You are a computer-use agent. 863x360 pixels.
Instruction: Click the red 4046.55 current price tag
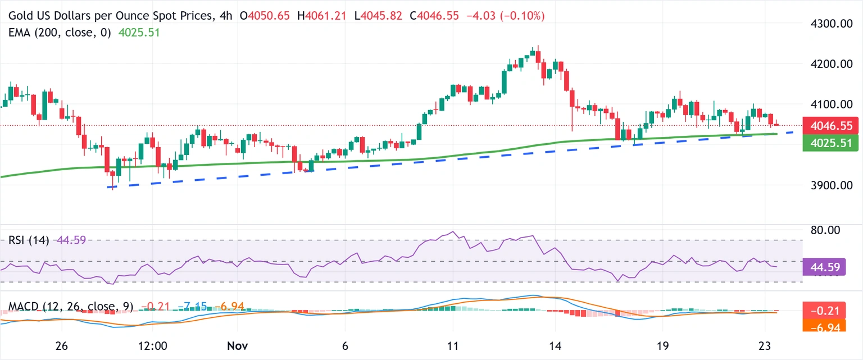(x=831, y=125)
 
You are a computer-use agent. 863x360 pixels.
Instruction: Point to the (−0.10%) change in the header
(x=520, y=16)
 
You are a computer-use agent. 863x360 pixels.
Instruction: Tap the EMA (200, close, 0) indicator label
(x=61, y=33)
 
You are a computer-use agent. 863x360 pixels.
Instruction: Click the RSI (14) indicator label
(x=29, y=240)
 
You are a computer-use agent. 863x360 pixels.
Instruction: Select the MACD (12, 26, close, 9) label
(x=71, y=307)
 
